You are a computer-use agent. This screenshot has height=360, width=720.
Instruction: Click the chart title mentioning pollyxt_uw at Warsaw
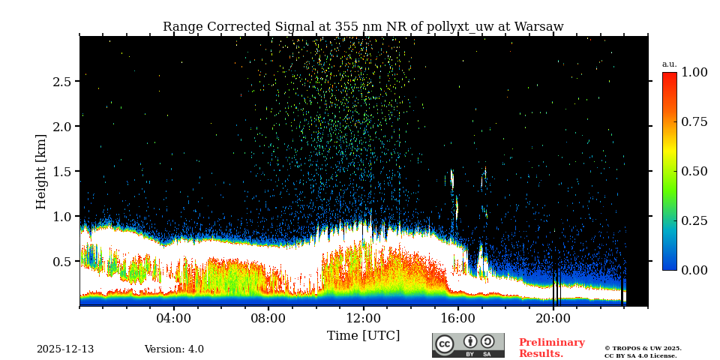click(x=363, y=27)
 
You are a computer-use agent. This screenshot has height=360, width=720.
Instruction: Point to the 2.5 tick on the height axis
click(x=61, y=82)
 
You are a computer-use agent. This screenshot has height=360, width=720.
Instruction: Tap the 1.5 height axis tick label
click(x=61, y=172)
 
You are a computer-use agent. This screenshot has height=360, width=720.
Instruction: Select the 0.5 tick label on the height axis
click(x=61, y=262)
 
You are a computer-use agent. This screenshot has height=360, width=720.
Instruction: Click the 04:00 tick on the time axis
click(x=174, y=318)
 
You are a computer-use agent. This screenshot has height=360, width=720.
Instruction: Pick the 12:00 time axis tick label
click(x=364, y=318)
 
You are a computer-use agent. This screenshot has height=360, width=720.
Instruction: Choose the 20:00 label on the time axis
click(x=553, y=318)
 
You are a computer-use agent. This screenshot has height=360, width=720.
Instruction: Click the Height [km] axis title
click(x=41, y=171)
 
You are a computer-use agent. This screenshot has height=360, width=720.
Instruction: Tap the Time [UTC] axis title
click(x=363, y=335)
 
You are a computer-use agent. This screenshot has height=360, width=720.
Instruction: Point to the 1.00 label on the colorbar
click(x=694, y=72)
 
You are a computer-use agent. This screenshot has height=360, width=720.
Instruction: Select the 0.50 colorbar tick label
click(x=694, y=171)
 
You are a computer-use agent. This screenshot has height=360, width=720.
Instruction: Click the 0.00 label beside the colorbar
click(x=694, y=270)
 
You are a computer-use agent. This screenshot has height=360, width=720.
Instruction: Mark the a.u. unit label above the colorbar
click(x=669, y=64)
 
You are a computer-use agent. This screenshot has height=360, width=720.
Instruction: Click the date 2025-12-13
click(x=65, y=349)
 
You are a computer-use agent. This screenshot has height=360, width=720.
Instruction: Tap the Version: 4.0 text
click(x=174, y=349)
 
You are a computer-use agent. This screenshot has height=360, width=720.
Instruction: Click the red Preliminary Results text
click(x=551, y=348)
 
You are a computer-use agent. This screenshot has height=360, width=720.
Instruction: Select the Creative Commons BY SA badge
click(x=468, y=345)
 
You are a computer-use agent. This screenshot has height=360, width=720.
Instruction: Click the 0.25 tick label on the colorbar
click(x=694, y=220)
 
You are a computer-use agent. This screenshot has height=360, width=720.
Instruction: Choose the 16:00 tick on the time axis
click(x=458, y=318)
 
